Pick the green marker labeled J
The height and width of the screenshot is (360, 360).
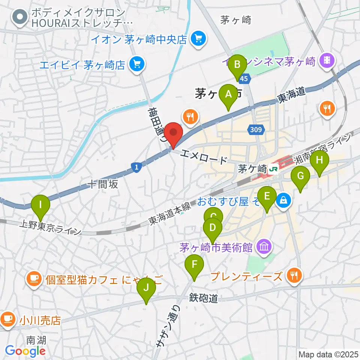point(146,289)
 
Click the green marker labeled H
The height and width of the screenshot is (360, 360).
point(319,160)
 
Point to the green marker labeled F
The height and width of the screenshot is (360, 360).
point(194,265)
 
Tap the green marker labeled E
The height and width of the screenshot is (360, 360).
point(267,197)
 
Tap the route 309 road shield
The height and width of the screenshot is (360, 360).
point(256,130)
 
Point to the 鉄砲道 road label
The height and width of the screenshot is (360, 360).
point(204,298)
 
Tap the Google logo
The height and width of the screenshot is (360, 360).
point(25,351)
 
